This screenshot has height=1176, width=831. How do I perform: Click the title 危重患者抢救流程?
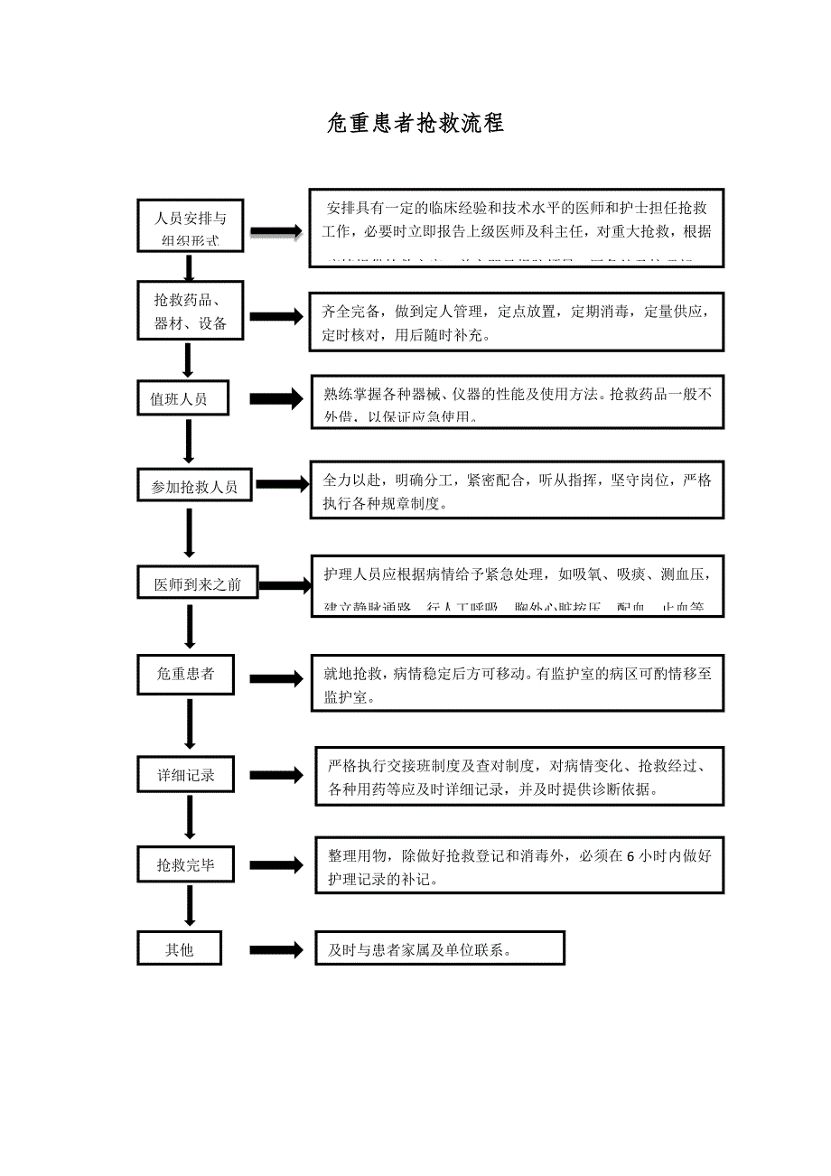pos(415,124)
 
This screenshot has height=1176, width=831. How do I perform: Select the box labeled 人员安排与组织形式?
pos(190,225)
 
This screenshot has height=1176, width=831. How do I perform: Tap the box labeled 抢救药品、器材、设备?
pos(190,311)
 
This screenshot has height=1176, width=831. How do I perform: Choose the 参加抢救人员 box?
pos(194,487)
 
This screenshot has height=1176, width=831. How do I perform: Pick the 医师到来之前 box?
pos(198,584)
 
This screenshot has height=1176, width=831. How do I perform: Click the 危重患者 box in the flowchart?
pos(185,674)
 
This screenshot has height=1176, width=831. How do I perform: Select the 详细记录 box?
pos(185,775)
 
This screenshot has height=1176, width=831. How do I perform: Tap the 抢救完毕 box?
pos(185,865)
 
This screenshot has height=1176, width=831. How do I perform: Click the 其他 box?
pos(179,949)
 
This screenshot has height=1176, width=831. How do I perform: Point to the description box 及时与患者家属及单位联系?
pos(439,949)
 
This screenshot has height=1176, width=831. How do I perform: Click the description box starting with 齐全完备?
pos(517,322)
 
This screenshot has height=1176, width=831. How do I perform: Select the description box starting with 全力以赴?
pos(517,491)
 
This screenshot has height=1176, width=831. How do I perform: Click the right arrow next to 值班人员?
pos(276,399)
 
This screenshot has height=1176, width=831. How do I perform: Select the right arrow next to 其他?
pos(276,949)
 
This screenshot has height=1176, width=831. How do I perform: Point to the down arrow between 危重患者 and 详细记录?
pos(190,723)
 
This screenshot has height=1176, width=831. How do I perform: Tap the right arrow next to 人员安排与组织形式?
pos(276,232)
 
